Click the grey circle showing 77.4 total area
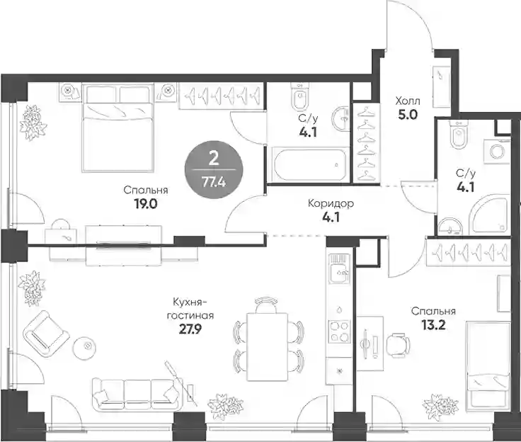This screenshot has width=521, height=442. coord(214,169)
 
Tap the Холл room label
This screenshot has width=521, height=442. coord(407,101)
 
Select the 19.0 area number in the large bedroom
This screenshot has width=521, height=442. coord(146,204)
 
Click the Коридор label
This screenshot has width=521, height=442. coord(331,203)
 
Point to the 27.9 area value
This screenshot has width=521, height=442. coord(190,329)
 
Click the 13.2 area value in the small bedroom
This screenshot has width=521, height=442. coord(433,324)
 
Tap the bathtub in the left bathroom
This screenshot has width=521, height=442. coord(309,164)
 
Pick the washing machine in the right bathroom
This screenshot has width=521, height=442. coord(497,152)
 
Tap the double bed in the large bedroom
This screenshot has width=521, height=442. coord(118,128)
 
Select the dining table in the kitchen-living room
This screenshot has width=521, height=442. coord(267,346)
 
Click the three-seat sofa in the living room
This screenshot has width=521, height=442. coord(136,394)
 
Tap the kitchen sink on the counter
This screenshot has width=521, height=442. coord(338,269)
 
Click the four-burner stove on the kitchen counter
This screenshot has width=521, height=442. coord(339,331)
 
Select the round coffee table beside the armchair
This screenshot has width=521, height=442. coord(85,346)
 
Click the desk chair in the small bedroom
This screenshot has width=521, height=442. coord(398,345)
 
